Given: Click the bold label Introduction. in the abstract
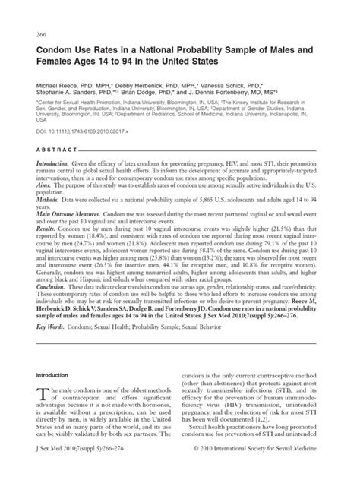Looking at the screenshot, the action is tap(57, 164).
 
